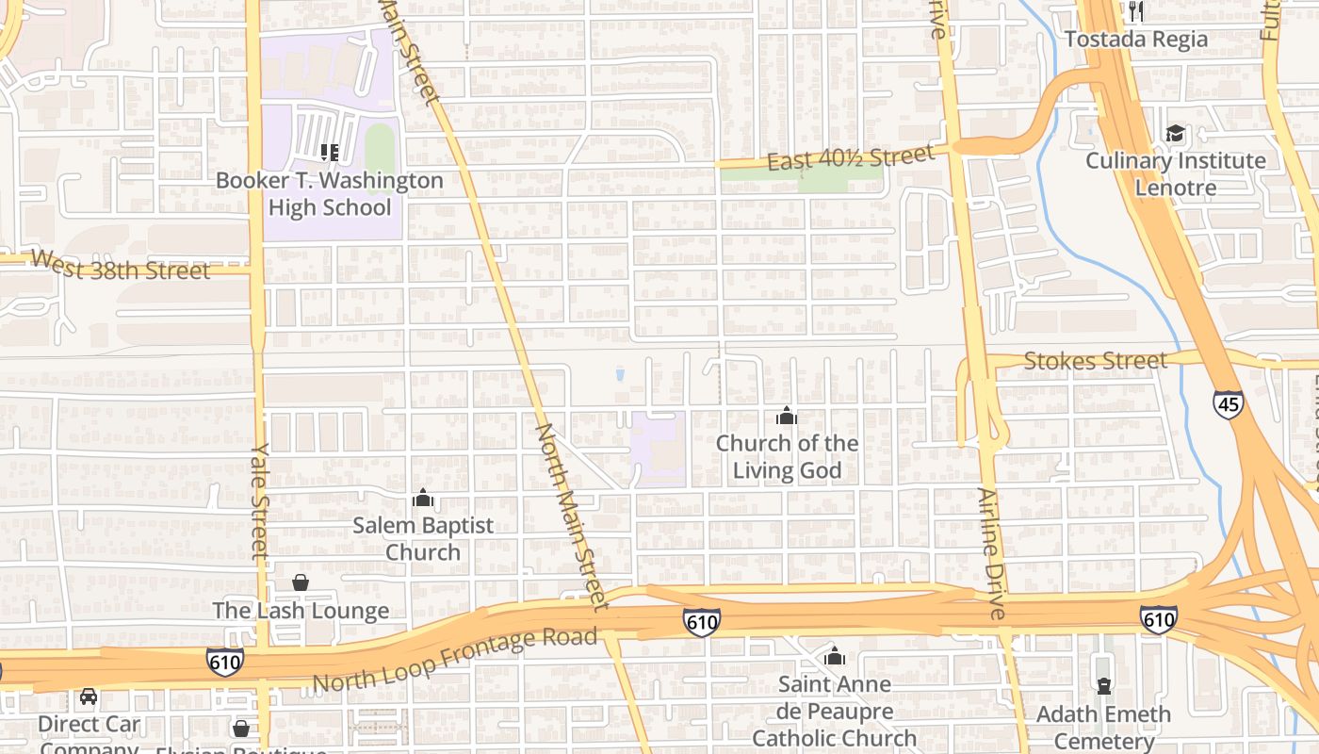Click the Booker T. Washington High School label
[x=330, y=193]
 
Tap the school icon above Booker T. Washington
[x=330, y=152]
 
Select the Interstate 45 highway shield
[x=1228, y=404]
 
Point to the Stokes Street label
[x=1095, y=360]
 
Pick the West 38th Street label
[x=120, y=267]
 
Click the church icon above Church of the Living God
[x=787, y=416]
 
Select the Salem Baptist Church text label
[x=423, y=538]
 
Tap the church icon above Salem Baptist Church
[x=423, y=498]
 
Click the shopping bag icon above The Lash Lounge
[x=301, y=582]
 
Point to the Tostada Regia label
[x=1136, y=40]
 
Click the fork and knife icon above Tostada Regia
[x=1136, y=11]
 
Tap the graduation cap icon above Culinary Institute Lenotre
[x=1175, y=133]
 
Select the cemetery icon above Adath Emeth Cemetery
[x=1103, y=685]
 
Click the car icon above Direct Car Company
[x=89, y=697]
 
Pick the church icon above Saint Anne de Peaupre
[x=834, y=656]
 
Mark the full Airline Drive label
[x=992, y=553]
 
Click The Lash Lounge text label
[x=301, y=611]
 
